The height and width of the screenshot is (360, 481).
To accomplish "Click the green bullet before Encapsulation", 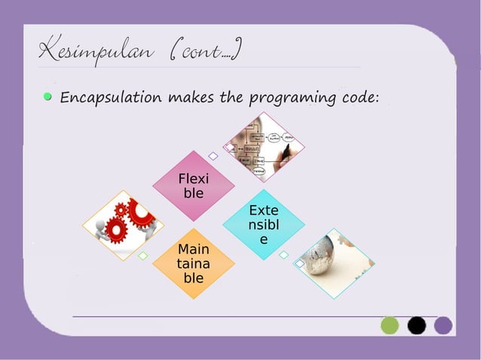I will pyautogui.click(x=48, y=96).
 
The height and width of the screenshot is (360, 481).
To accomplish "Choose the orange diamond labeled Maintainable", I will pyautogui.click(x=193, y=263).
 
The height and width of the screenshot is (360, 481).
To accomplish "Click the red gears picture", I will pyautogui.click(x=124, y=224).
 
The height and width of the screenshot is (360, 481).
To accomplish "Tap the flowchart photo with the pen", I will pyautogui.click(x=264, y=148).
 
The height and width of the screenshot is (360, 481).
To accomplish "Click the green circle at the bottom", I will pyautogui.click(x=390, y=325).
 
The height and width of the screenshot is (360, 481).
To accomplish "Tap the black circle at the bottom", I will pyautogui.click(x=417, y=325).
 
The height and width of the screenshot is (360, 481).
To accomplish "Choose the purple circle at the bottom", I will pyautogui.click(x=443, y=325).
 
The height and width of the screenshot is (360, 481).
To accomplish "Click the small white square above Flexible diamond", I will pyautogui.click(x=213, y=156).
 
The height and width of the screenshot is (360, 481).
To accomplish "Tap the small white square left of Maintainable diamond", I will pyautogui.click(x=142, y=256).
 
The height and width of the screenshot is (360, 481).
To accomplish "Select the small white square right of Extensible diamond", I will pyautogui.click(x=283, y=255).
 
